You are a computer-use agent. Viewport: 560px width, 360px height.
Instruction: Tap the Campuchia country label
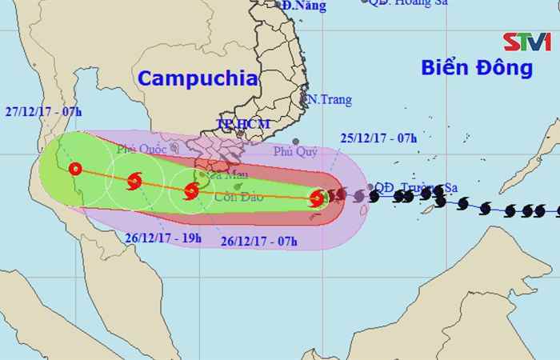[x=198, y=78]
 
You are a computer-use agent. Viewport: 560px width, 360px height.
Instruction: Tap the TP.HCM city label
[x=243, y=125]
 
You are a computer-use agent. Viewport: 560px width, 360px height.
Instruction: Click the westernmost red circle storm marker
[x=75, y=169]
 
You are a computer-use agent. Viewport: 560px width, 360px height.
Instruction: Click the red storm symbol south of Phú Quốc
[x=134, y=182]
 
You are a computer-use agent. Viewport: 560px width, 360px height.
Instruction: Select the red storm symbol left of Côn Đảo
[x=191, y=190]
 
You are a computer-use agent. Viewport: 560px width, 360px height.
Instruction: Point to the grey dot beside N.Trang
[x=305, y=100]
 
